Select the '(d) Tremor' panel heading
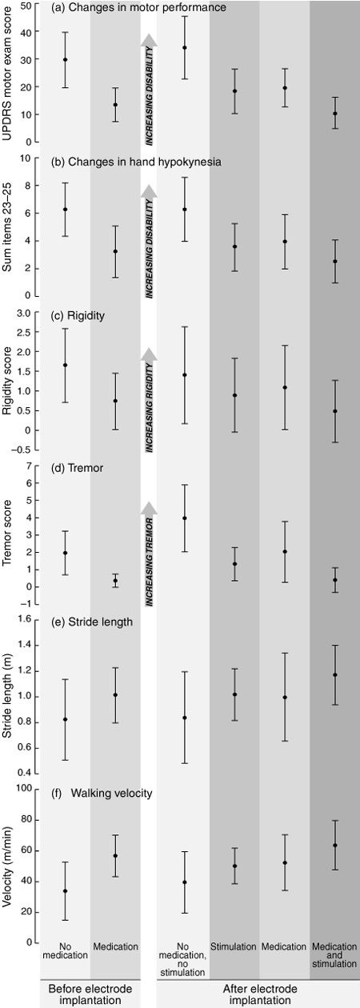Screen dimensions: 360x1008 coord(78,469)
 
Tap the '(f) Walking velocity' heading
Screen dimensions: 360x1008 coord(102,793)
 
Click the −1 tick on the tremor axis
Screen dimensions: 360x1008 coord(26,604)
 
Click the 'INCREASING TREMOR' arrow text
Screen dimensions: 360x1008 coord(149,562)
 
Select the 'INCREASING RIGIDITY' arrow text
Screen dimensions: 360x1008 coord(149,406)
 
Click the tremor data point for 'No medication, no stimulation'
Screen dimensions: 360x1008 coord(185,518)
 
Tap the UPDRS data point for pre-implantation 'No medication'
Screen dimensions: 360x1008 coord(66,59)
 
